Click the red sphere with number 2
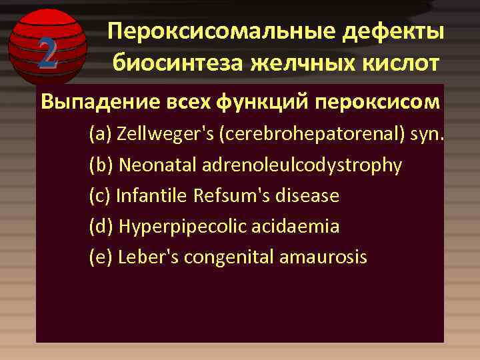coord(47,46)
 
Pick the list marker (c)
coord(100,196)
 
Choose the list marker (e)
coord(101,257)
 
